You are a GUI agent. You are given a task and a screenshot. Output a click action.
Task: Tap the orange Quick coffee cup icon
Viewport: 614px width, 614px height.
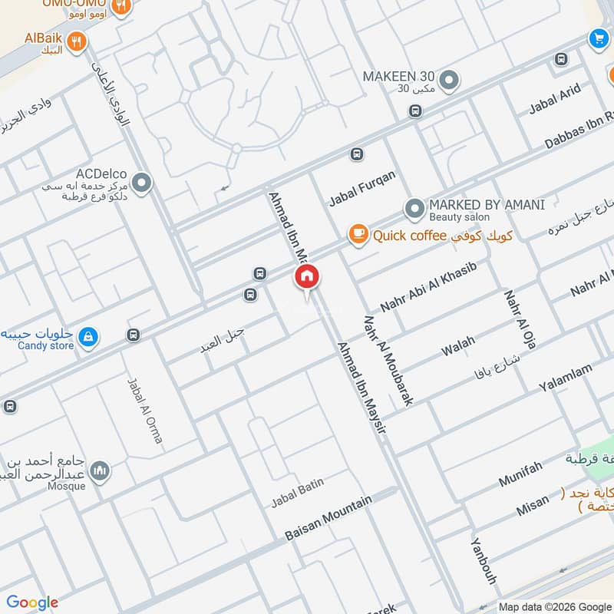pos(358,234)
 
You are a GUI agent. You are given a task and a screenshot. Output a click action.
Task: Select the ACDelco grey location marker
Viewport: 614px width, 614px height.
pos(141,183)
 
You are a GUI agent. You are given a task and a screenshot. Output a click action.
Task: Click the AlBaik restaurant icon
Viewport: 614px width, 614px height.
pos(75,43)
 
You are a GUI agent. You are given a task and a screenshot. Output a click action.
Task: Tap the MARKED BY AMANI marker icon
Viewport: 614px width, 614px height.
pos(414,208)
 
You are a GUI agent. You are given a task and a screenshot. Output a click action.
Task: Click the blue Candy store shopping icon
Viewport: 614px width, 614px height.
pos(88,337)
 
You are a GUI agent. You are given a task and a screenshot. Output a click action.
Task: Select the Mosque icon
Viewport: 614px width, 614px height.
pos(98,470)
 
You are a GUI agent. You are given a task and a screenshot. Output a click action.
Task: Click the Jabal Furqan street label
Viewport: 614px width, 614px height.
pos(362,188)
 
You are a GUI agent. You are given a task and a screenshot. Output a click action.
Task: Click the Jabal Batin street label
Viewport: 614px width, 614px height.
pos(297,493)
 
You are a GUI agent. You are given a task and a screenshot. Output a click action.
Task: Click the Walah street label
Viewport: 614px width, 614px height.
pos(458,345)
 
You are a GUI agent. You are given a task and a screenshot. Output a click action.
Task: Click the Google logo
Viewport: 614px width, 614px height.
pos(32,602)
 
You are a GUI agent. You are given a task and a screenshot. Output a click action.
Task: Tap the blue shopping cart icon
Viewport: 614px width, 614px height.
pos(598,38)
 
